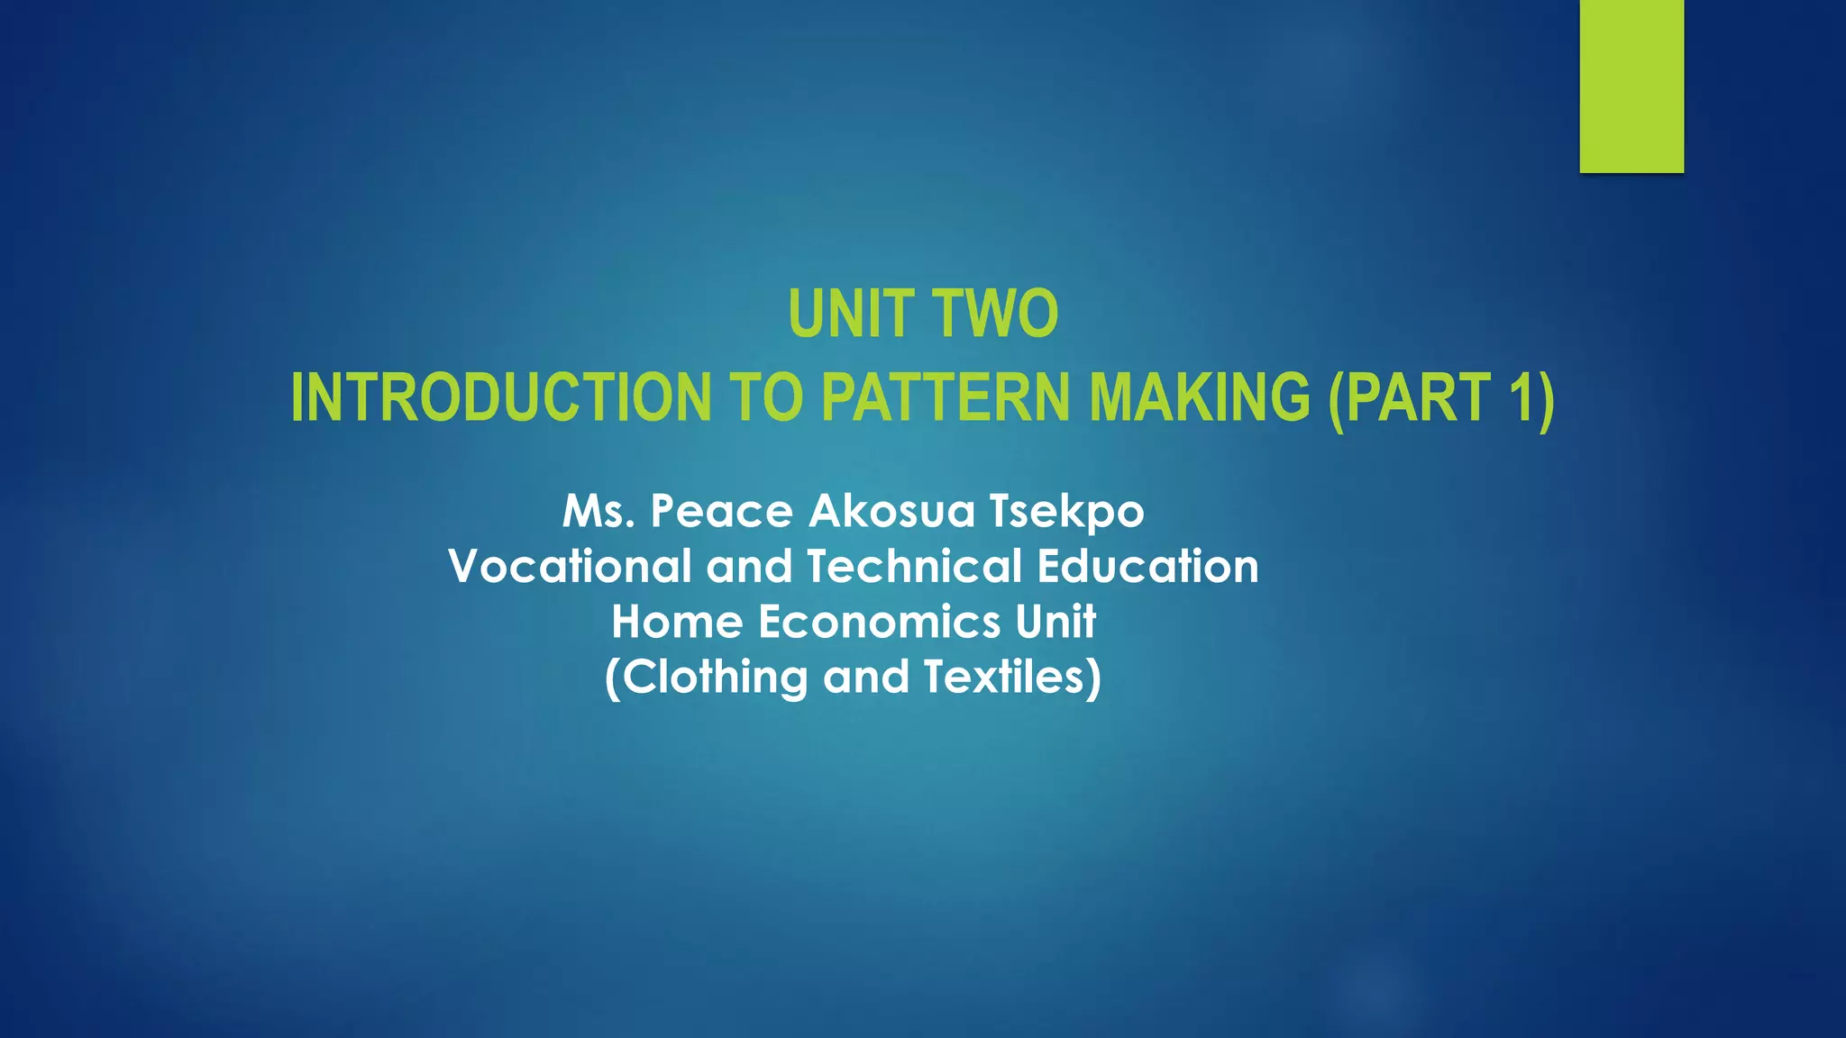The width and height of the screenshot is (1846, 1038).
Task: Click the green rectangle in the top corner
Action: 1631,86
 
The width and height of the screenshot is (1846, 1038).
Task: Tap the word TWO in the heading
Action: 995,314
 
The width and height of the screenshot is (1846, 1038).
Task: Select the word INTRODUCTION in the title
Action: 501,398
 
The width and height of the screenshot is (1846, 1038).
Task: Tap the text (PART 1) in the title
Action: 1441,398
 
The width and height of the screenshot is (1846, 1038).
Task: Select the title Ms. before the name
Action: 600,512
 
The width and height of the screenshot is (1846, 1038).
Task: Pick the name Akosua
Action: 892,512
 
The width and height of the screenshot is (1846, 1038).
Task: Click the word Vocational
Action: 570,567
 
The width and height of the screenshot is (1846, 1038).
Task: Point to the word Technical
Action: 914,567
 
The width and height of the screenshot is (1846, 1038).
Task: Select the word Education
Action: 1147,567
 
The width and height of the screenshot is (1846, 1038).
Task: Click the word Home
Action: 677,622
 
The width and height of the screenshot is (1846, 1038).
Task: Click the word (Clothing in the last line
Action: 706,678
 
